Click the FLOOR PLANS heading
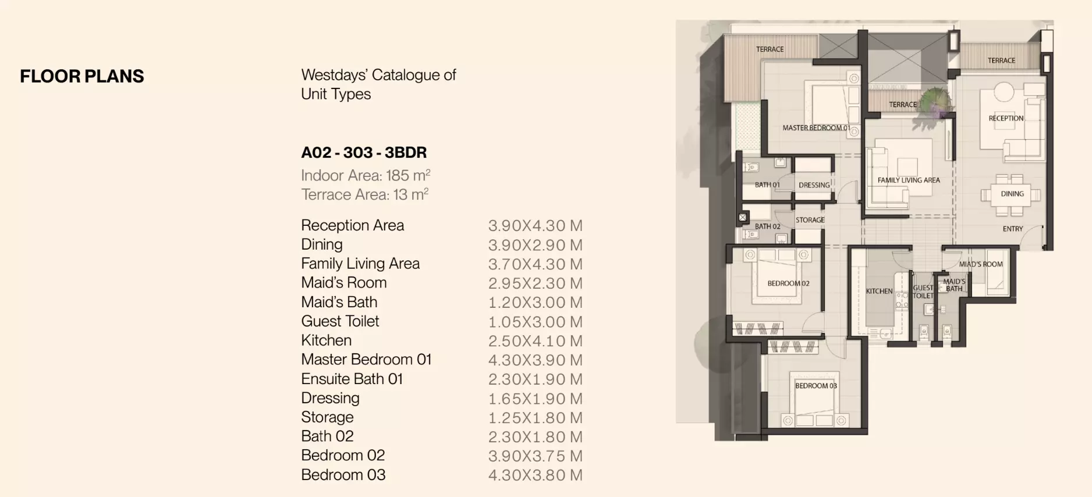click(x=82, y=76)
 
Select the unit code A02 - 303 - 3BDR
click(x=364, y=152)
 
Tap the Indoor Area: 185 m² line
click(x=366, y=175)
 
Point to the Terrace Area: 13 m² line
click(x=365, y=194)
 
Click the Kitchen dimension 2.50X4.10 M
click(x=535, y=340)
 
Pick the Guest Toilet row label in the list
click(x=340, y=321)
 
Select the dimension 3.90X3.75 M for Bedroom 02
click(x=535, y=456)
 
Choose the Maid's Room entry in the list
click(x=343, y=283)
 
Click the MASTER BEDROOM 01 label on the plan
click(x=816, y=128)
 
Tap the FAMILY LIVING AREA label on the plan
click(x=909, y=180)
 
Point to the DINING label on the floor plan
click(x=1012, y=194)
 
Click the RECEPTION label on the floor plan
click(x=1006, y=118)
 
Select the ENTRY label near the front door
click(x=1013, y=229)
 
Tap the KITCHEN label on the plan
click(x=879, y=291)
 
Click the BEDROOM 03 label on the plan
click(x=816, y=386)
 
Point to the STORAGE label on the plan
click(x=810, y=220)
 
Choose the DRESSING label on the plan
click(x=814, y=185)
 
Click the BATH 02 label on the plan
click(x=767, y=226)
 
